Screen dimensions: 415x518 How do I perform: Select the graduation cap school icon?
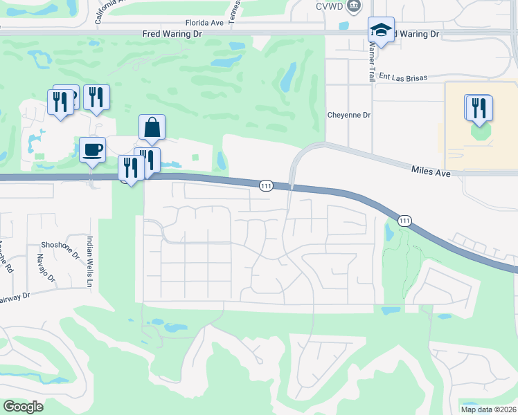pyautogui.click(x=380, y=30)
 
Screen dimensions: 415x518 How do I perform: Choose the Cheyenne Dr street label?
pyautogui.click(x=349, y=116)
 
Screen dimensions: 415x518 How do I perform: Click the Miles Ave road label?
pyautogui.click(x=431, y=170)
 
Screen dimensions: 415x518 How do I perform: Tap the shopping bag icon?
pyautogui.click(x=152, y=128)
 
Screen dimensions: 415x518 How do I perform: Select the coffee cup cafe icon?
pyautogui.click(x=92, y=149)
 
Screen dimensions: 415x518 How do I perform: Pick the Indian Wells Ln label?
pyautogui.click(x=89, y=262)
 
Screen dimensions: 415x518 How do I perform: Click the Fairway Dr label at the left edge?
pyautogui.click(x=15, y=296)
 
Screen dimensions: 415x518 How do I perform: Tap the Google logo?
pyautogui.click(x=23, y=407)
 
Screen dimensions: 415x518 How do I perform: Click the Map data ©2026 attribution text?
pyautogui.click(x=488, y=409)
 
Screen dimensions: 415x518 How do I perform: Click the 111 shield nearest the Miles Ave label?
pyautogui.click(x=404, y=220)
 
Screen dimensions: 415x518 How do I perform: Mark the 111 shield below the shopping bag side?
pyautogui.click(x=266, y=185)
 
